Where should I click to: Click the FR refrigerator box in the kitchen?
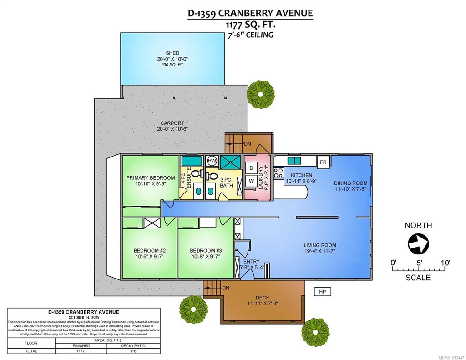(323, 162)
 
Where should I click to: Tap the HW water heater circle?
(212, 161)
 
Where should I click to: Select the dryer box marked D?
(252, 168)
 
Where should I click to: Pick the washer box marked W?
(252, 181)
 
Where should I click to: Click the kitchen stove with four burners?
(279, 173)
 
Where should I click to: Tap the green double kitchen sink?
(294, 161)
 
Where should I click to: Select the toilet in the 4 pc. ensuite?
(196, 173)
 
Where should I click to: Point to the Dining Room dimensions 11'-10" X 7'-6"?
(350, 189)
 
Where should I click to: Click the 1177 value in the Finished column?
(80, 351)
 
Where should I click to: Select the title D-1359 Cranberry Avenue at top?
(250, 13)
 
